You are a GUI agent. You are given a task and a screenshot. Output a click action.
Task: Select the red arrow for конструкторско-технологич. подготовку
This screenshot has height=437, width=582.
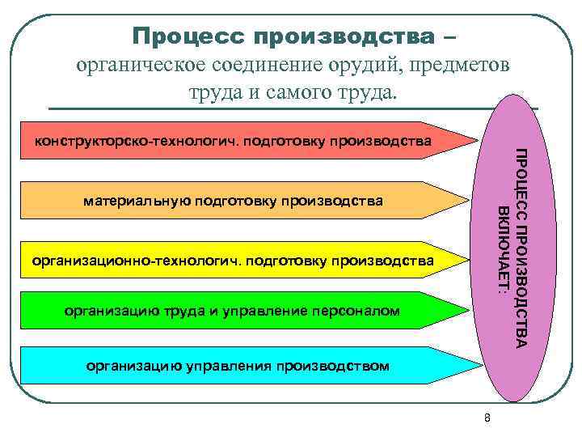(x=242, y=142)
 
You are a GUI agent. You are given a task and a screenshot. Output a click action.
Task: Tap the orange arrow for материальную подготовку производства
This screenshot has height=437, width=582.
(x=242, y=200)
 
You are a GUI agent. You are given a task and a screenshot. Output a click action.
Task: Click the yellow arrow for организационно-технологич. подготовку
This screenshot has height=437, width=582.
(x=242, y=261)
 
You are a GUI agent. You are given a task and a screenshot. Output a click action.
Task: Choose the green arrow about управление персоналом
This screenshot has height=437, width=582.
(x=242, y=311)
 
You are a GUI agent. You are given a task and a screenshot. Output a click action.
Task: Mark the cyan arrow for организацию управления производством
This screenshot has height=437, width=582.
(x=242, y=365)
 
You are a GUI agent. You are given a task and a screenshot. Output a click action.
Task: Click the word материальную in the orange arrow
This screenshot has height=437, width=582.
(x=132, y=200)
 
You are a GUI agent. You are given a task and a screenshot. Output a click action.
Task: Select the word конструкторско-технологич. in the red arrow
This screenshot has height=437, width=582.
(x=109, y=142)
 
